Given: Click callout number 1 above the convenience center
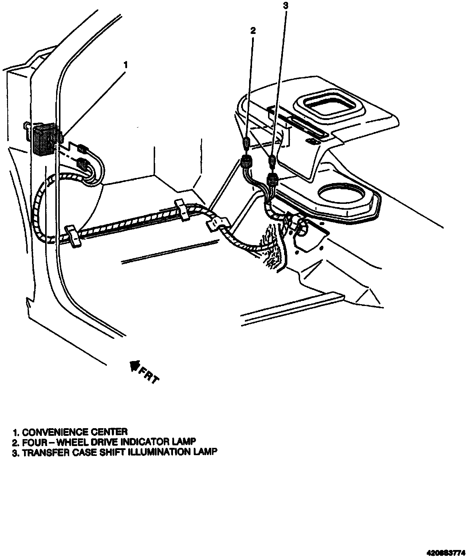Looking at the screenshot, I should [x=126, y=66].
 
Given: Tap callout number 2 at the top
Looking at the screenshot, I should [x=253, y=31].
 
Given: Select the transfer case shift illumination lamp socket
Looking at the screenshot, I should [x=273, y=179].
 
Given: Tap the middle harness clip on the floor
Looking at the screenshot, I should [x=182, y=209].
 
